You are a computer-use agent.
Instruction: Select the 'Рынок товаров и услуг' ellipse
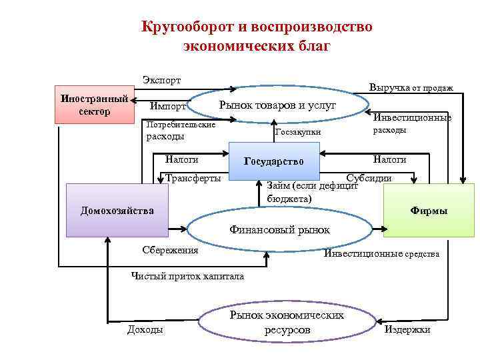point(277,105)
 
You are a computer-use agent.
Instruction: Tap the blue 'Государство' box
point(274,161)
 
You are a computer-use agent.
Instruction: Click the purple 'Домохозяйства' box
point(117,211)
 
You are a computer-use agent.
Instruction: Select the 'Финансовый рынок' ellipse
point(279,230)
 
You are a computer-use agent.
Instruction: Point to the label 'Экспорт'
point(161,80)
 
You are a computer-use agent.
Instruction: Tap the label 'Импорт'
point(168,106)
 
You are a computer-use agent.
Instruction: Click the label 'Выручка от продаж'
point(411,87)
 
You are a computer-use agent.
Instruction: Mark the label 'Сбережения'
point(171,250)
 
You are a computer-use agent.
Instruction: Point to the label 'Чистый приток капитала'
point(188,276)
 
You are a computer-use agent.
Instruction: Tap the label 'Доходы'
point(145,330)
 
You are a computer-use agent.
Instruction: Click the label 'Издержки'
point(407,330)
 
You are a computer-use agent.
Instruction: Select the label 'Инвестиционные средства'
point(381,254)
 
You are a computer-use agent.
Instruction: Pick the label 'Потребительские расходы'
point(180,131)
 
